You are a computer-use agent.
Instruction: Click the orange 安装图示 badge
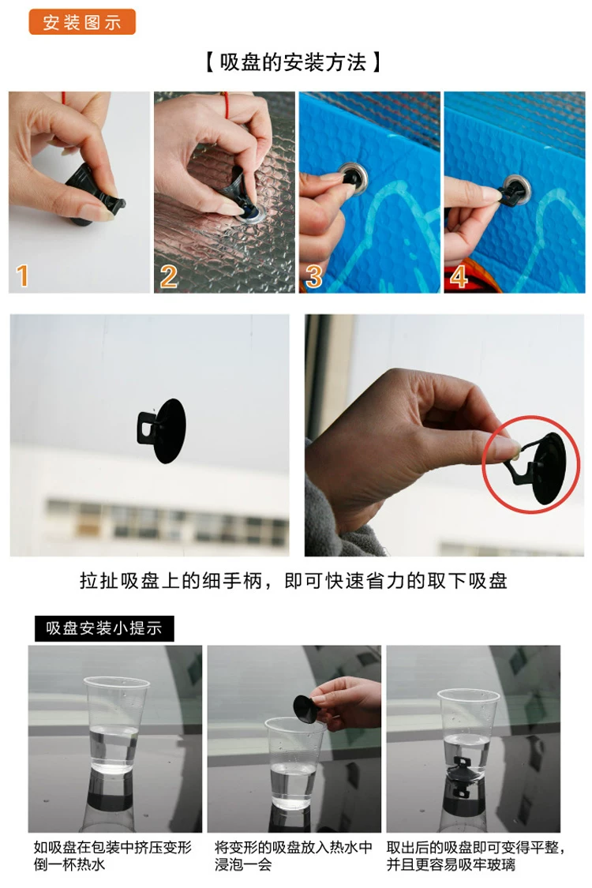click(82, 22)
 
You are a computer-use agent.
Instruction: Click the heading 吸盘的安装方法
click(293, 62)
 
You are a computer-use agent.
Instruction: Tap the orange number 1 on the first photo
click(22, 275)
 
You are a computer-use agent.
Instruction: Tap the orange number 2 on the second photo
click(168, 276)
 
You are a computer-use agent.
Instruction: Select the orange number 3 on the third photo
click(313, 276)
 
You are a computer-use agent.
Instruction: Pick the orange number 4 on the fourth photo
click(459, 276)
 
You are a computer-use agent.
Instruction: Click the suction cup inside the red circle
click(541, 468)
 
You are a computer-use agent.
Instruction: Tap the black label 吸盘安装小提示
click(104, 628)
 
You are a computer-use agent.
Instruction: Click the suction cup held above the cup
click(306, 708)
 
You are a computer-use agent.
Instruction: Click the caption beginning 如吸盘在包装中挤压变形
click(113, 856)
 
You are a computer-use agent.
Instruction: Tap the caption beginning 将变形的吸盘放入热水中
click(294, 856)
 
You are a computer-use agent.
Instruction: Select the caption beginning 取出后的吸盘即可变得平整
click(475, 856)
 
